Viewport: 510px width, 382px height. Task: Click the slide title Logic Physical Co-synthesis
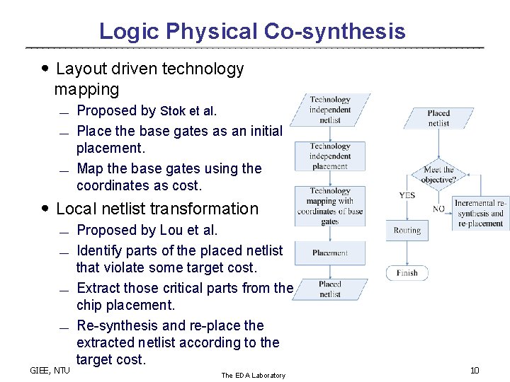point(252,31)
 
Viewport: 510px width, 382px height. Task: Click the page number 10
point(475,371)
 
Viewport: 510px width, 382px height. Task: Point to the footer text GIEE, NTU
point(50,369)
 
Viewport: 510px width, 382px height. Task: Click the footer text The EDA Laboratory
point(253,375)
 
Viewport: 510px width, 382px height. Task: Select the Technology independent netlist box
point(329,110)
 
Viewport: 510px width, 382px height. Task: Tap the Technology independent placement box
point(329,156)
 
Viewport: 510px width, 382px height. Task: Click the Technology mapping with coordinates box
point(329,206)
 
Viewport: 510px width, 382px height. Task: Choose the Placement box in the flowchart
point(329,253)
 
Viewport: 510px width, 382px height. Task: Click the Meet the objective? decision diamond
point(438,174)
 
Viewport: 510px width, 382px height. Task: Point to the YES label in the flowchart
point(407,195)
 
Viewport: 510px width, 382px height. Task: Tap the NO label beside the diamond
point(438,209)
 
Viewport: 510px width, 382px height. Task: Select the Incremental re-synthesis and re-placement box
point(481,213)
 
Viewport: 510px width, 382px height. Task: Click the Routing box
point(407,230)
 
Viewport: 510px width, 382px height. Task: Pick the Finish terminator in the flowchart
point(407,273)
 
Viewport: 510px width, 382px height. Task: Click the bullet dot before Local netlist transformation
point(45,209)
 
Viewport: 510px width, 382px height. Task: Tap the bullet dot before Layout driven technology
point(45,69)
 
